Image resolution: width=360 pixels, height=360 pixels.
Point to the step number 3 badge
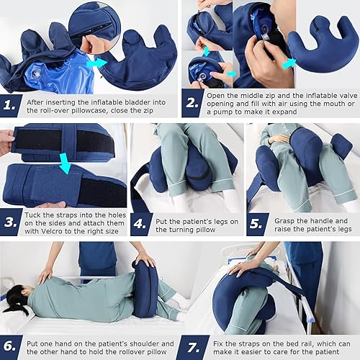click(x=12, y=222)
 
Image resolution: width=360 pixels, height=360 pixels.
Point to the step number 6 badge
click(x=12, y=344)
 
